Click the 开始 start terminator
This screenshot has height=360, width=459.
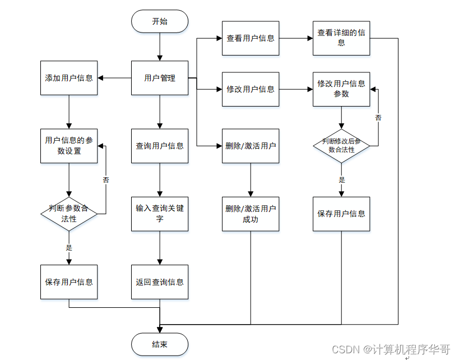pos(160,21)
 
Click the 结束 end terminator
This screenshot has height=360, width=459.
pos(160,344)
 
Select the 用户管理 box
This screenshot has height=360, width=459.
pos(160,78)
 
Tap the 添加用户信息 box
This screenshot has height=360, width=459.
pos(69,78)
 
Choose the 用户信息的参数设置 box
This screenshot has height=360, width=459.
pos(69,146)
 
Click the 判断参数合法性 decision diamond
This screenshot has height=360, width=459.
pos(69,214)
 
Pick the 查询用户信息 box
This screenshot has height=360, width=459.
pos(160,146)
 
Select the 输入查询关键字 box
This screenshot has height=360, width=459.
pos(160,214)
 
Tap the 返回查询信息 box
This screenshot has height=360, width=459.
pos(160,282)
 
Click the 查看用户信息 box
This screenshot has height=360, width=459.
pos(251,38)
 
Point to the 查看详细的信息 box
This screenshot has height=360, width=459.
pos(341,38)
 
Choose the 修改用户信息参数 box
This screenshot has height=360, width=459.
pos(341,89)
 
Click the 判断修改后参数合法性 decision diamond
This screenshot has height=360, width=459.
pos(341,146)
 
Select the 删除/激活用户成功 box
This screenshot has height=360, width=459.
pos(251,214)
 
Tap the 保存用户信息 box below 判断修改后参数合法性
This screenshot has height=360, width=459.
pos(341,214)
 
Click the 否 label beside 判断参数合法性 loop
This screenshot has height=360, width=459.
pos(106,180)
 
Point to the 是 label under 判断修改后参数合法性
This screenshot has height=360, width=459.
pos(342,180)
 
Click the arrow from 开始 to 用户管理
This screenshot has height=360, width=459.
pos(160,46)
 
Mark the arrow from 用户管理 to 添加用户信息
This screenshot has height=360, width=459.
pos(114,78)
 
